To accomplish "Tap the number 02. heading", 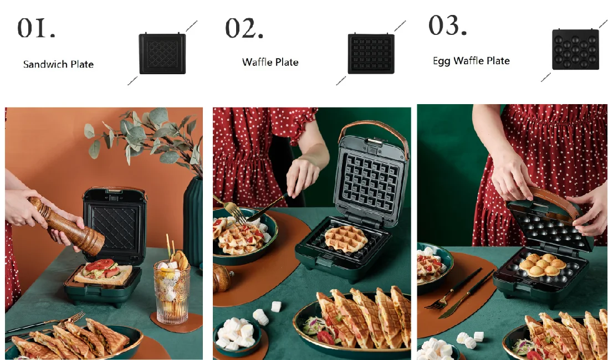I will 244,28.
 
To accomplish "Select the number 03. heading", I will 447,25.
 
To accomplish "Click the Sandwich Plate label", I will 58,64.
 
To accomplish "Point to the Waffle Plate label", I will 270,62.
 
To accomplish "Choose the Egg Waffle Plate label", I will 471,61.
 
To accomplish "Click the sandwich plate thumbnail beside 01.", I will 162,53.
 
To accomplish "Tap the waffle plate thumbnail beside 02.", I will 371,53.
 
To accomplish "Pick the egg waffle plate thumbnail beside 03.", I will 575,49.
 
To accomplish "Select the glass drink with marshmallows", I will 172,291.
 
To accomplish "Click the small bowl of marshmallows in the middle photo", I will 235,336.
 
